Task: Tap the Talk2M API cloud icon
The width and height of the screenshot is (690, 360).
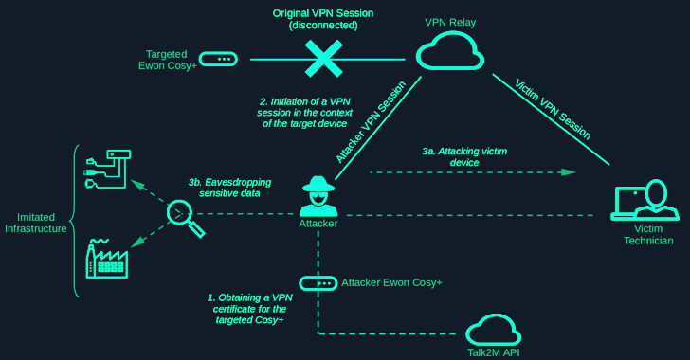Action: pos(493,329)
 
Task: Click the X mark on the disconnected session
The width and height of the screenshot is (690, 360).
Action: pos(322,59)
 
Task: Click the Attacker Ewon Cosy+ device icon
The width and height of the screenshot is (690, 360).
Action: pos(318,283)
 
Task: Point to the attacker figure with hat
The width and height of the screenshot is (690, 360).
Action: pos(318,196)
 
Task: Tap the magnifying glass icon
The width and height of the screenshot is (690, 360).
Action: pos(184,217)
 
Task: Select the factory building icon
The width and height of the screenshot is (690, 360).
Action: pos(107,258)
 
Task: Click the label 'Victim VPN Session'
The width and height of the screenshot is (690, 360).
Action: pos(554,109)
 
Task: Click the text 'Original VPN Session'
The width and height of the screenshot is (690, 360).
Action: pos(322,13)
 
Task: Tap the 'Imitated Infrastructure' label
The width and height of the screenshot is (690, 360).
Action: pos(35,223)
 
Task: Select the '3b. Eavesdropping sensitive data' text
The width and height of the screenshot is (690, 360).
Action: pos(229,187)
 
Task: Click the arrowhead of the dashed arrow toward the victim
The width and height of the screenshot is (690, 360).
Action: pos(570,172)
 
